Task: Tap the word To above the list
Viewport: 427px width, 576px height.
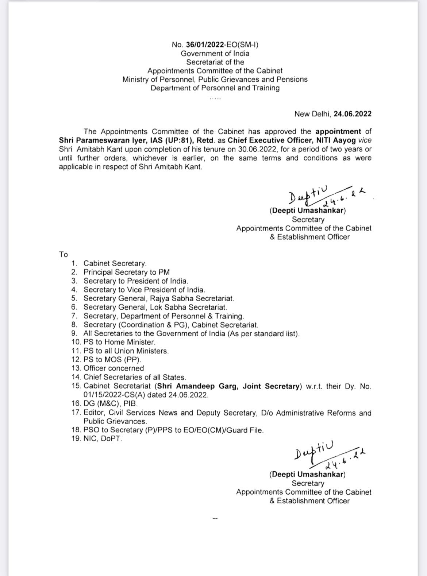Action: click(x=63, y=255)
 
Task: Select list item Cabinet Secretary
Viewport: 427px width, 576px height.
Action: click(x=115, y=263)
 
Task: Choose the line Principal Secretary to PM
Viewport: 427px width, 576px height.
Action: click(x=126, y=272)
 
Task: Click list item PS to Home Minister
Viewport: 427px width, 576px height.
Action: click(x=119, y=342)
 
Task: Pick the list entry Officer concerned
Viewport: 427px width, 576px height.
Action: click(x=114, y=368)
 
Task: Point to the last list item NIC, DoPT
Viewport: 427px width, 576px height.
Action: click(x=103, y=439)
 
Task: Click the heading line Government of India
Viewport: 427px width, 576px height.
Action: click(x=215, y=53)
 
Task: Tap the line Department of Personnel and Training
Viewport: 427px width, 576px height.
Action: click(x=215, y=88)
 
